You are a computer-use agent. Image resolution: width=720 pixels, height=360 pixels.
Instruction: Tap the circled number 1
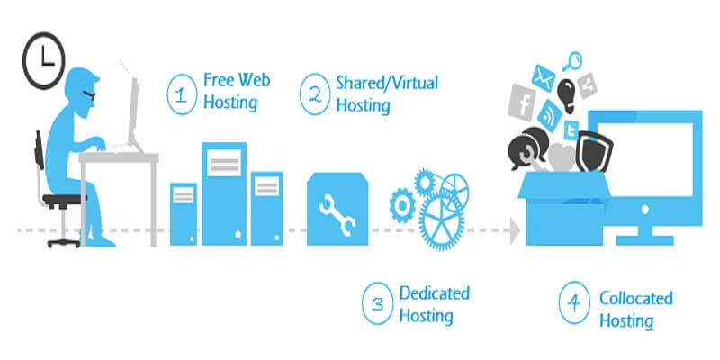tap(183, 94)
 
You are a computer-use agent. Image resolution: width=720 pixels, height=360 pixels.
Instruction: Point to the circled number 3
tap(376, 303)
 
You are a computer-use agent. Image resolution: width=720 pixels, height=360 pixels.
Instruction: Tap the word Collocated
tap(636, 298)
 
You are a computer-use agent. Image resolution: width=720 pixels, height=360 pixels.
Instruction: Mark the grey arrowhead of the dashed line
tap(515, 232)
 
